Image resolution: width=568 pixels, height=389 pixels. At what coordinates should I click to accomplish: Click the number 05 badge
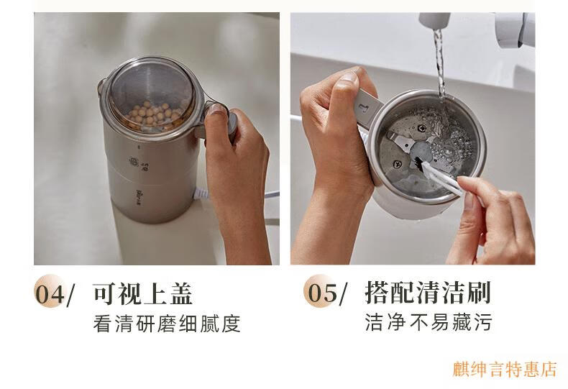click(x=321, y=292)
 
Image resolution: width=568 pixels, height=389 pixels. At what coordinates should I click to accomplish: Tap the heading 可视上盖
click(x=143, y=293)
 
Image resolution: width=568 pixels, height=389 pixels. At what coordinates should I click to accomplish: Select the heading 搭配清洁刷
click(x=428, y=292)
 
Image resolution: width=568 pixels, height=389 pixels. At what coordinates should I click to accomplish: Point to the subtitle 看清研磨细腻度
click(x=167, y=324)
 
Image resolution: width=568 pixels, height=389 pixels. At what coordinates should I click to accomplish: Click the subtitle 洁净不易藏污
click(x=429, y=322)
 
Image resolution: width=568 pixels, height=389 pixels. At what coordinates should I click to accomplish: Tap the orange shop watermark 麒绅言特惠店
click(x=505, y=369)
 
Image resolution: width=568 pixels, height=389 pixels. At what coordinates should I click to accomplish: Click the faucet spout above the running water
click(x=434, y=21)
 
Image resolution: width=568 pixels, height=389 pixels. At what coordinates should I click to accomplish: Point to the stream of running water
click(x=440, y=65)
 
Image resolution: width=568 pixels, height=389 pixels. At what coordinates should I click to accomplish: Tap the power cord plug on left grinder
click(x=201, y=194)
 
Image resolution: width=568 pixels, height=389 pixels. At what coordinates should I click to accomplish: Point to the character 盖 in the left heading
click(x=180, y=293)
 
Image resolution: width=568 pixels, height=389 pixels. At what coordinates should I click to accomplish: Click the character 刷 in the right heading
click(x=479, y=292)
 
